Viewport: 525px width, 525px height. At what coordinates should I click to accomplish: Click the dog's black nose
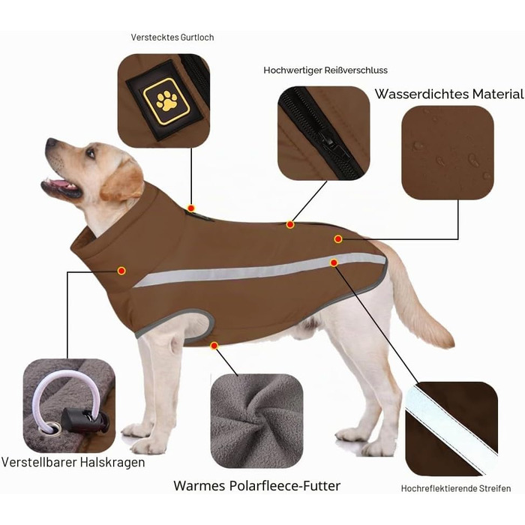coord(51,142)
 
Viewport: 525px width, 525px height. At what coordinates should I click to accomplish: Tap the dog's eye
coord(91,153)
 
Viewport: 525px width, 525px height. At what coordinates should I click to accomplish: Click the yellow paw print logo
coord(166,101)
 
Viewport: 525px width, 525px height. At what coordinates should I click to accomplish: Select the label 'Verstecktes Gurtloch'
coord(172,37)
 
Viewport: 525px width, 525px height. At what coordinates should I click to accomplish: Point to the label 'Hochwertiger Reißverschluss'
coord(325,70)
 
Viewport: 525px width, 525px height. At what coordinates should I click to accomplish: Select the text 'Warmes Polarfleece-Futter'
coord(256,485)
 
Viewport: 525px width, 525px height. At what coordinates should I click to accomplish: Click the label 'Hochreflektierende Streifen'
coord(456,488)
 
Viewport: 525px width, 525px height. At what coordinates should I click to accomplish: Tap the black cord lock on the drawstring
coord(84,420)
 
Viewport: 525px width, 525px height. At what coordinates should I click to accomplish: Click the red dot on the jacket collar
coord(121,271)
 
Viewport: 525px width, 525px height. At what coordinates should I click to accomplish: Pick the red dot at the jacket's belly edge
coord(214,346)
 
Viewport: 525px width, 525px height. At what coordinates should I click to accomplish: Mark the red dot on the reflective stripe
coord(334,262)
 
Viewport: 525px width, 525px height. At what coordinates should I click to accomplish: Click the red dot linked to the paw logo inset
coord(191,208)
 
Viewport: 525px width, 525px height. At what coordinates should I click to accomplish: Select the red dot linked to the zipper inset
coord(290,224)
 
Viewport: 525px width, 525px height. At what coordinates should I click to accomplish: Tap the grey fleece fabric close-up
coord(256,421)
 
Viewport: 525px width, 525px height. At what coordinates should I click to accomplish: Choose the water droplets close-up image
coord(448,152)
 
